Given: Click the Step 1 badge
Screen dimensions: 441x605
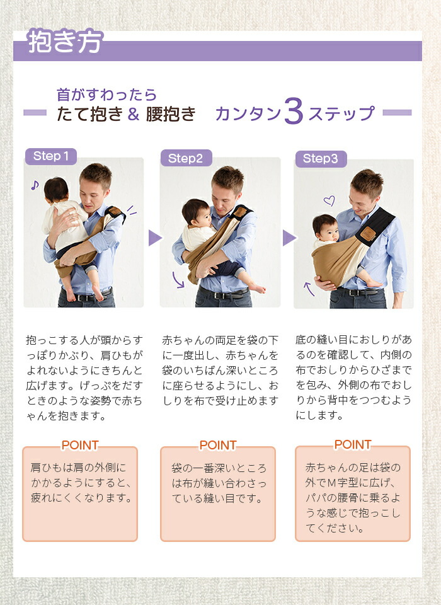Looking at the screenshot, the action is [x=51, y=156].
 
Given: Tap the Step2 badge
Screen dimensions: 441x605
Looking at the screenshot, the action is [x=186, y=158].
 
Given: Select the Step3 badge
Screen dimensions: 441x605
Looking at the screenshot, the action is [x=321, y=159].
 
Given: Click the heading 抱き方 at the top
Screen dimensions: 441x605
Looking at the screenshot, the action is [x=65, y=41].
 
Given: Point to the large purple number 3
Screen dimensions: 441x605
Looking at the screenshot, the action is [x=294, y=111].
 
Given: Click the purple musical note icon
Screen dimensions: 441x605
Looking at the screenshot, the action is [x=35, y=185].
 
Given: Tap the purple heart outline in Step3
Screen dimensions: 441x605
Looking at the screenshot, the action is [x=329, y=200].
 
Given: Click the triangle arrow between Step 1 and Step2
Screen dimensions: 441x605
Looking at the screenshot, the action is [x=155, y=238].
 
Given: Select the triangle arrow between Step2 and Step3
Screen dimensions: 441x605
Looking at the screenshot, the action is [x=289, y=238].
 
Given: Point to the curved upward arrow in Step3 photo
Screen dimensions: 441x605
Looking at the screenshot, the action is [x=309, y=289].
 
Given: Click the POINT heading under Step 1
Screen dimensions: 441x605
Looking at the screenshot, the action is [x=80, y=446].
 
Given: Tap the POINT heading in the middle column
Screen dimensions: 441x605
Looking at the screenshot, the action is [x=217, y=446].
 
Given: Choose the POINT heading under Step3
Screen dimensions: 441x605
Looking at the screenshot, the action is [x=353, y=444].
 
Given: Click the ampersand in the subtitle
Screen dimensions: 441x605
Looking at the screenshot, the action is [x=134, y=114].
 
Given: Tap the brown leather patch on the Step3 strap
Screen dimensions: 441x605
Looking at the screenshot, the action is [x=367, y=233].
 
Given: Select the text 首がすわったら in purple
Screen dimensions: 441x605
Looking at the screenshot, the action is [x=106, y=95].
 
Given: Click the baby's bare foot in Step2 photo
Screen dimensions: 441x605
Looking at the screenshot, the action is [x=258, y=289].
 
